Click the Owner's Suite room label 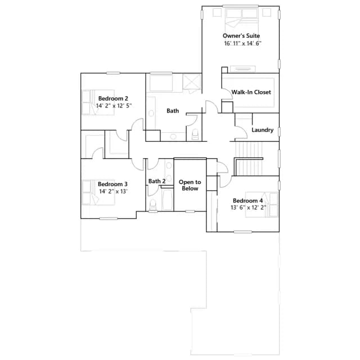(x=241, y=36)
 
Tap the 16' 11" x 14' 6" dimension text (x=242, y=43)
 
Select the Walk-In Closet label (x=251, y=92)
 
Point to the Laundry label (x=263, y=130)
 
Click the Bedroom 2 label (x=113, y=98)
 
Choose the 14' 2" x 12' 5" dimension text (x=114, y=106)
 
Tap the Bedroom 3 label (x=112, y=184)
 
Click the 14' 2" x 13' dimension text (x=113, y=191)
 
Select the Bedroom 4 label (x=247, y=201)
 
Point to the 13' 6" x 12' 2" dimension (x=248, y=208)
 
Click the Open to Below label (x=190, y=185)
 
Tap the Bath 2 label (x=157, y=181)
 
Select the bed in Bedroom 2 (x=98, y=102)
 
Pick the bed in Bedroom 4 (x=262, y=205)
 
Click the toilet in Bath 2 (x=152, y=205)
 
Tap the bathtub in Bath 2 (x=168, y=199)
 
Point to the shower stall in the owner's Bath (x=192, y=83)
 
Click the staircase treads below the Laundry (x=249, y=159)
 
